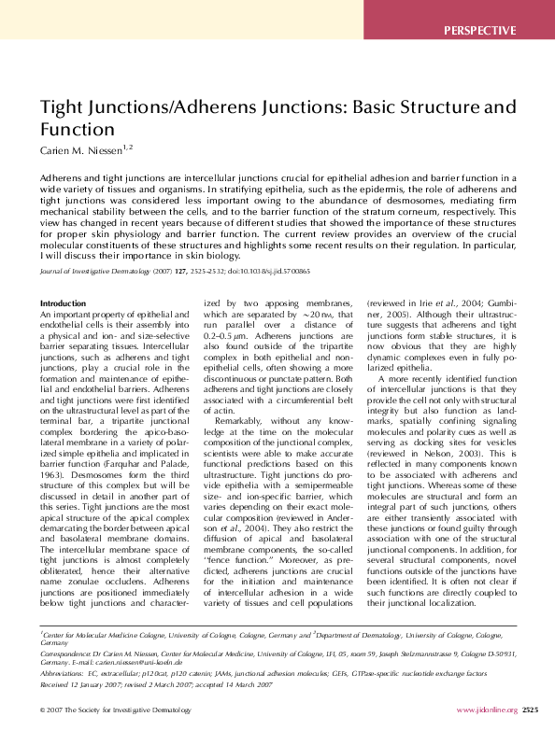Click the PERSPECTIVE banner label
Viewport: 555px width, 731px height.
click(480, 30)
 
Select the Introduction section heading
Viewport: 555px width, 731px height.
click(64, 303)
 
